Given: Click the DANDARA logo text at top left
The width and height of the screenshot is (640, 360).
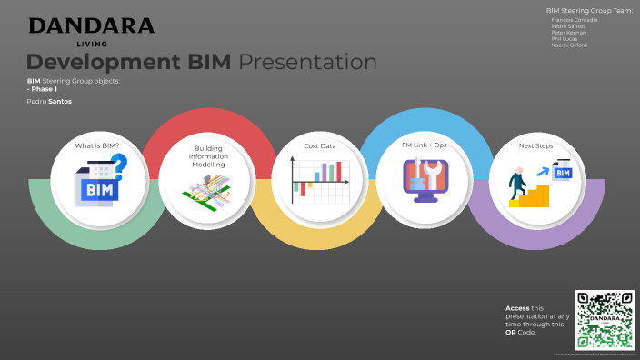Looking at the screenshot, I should [x=91, y=25].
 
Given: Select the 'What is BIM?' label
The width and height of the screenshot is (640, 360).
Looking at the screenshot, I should [x=97, y=145].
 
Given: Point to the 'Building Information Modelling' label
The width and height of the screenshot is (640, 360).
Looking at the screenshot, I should [x=209, y=156].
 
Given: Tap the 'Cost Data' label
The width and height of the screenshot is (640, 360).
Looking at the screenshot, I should [x=319, y=145].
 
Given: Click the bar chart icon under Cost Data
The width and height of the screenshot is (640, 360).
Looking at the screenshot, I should [x=319, y=179].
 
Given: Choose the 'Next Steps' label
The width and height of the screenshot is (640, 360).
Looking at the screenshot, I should [x=536, y=145].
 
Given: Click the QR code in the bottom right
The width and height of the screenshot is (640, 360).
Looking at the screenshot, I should [x=604, y=319].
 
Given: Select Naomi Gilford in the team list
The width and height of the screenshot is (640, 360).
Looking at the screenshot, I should [x=569, y=45].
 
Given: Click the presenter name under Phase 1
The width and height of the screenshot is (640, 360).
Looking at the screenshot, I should [x=49, y=102].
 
